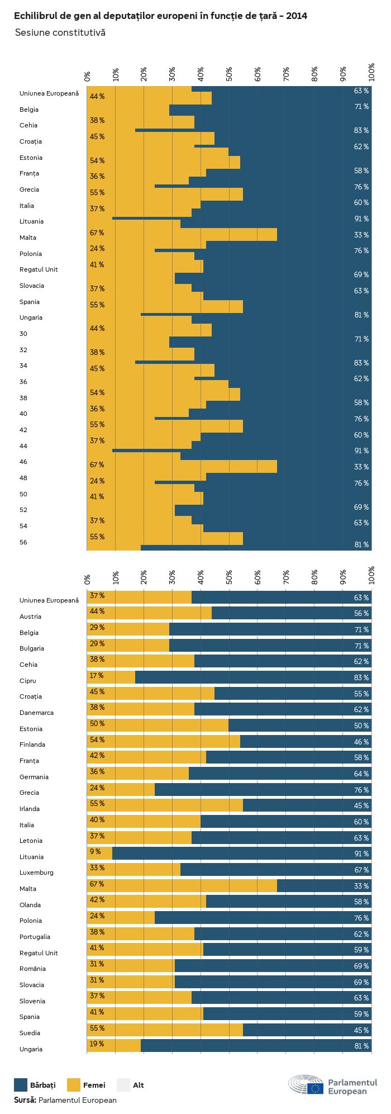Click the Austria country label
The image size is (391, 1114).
[x=30, y=617]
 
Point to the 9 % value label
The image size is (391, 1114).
[x=95, y=851]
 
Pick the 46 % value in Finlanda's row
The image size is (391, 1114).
[x=361, y=742]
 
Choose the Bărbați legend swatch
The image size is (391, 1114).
[x=21, y=1085]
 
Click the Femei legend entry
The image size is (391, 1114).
[x=94, y=1085]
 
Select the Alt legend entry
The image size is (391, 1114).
[x=139, y=1085]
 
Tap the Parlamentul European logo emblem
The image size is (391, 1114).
[x=306, y=1084]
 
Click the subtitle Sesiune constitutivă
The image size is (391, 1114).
[x=60, y=32]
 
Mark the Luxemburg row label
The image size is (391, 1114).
[x=36, y=873]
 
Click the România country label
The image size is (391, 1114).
[x=32, y=969]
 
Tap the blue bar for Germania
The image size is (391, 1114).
[x=279, y=774]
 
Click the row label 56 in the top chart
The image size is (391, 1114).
[x=23, y=542]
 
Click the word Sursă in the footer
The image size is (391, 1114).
[x=25, y=1100]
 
